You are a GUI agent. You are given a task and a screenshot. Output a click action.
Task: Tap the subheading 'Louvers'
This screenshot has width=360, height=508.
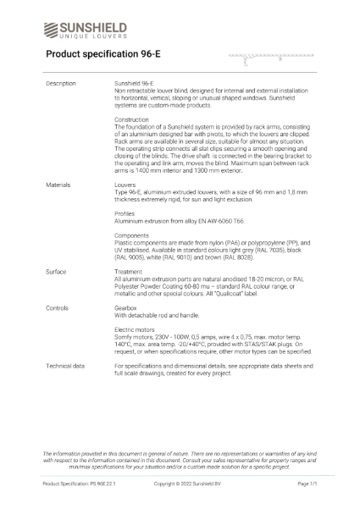[x=125, y=183]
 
